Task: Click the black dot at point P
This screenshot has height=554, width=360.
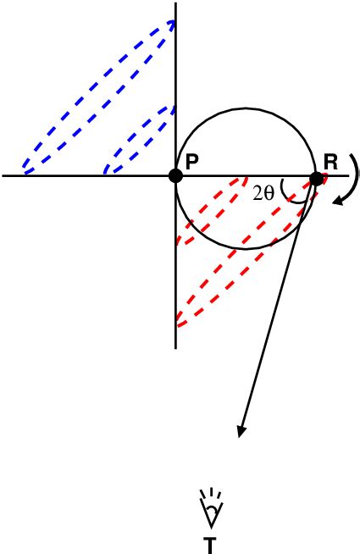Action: coord(175,176)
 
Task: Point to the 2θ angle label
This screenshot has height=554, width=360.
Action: coord(263,192)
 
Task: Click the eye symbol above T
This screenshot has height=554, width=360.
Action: coord(208,513)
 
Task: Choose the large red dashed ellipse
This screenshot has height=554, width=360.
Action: coord(246,254)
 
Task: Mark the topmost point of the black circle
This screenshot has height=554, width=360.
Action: coord(246,107)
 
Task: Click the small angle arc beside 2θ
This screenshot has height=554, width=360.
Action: coord(291,193)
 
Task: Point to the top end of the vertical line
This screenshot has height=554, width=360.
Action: coord(175,3)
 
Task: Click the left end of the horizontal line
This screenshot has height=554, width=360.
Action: coord(3,176)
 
